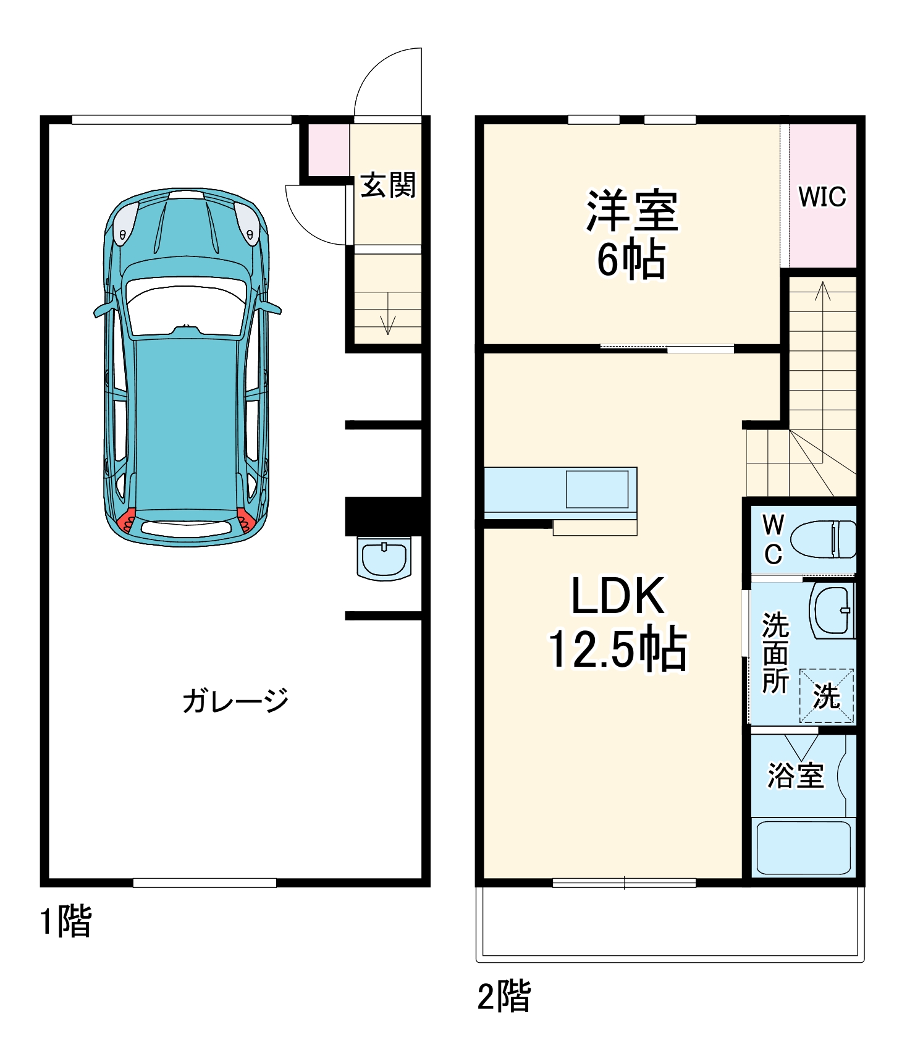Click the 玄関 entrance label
point(388,185)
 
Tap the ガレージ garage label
point(235,700)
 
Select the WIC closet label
point(822,197)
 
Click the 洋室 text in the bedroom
point(631,211)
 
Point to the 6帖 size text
point(631,260)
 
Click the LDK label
point(618,596)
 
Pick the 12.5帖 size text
point(618,649)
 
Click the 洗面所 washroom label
point(775,653)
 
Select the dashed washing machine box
point(826,696)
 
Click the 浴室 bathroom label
point(796,775)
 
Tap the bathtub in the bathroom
point(803,847)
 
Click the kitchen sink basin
point(597,489)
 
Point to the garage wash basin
point(384,559)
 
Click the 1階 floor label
point(65,921)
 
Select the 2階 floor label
point(504,995)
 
